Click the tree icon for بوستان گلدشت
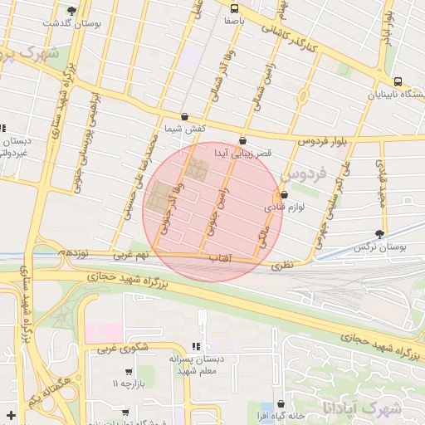[71, 11]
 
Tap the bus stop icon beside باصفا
[233, 11]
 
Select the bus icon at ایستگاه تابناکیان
[399, 81]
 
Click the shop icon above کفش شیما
[183, 117]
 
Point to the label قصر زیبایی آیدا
[243, 154]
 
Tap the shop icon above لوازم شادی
[283, 194]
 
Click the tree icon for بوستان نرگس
[380, 234]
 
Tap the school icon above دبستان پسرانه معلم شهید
[196, 346]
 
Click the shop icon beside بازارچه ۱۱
[129, 371]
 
